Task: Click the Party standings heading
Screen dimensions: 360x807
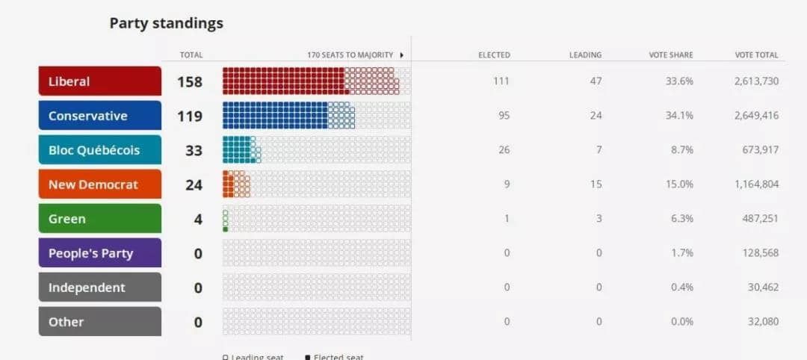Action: point(166,23)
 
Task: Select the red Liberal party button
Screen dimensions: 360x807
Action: point(99,81)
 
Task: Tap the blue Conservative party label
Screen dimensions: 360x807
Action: point(99,116)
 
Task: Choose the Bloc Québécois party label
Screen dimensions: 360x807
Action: point(99,150)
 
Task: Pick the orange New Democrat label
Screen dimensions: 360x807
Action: point(99,184)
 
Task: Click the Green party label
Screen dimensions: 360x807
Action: point(99,219)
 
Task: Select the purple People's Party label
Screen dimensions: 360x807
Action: point(99,253)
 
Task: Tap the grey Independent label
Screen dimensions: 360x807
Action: point(99,288)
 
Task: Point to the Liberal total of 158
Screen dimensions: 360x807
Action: point(190,81)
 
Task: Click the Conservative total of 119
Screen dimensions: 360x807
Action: point(190,116)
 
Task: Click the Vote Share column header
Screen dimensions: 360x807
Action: point(671,55)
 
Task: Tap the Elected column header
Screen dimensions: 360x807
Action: point(494,55)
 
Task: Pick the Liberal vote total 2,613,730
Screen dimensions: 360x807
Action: point(756,81)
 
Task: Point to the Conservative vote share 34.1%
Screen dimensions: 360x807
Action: point(679,116)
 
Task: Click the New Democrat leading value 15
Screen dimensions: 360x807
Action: point(596,184)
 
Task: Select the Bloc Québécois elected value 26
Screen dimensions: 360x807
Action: point(504,150)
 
